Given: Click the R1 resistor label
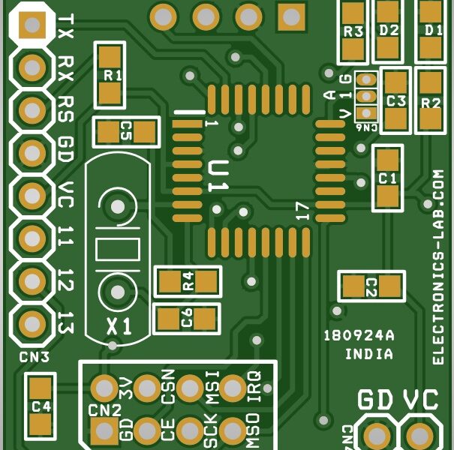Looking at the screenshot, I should tap(112, 74).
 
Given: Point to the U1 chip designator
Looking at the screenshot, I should tap(218, 178).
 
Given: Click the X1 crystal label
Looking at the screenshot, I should tap(119, 326).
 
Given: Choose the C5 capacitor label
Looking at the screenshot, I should tap(125, 131).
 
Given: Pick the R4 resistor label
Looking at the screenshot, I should tap(188, 281).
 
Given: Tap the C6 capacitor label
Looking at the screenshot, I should tap(187, 318).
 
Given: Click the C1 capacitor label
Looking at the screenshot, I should tap(387, 178).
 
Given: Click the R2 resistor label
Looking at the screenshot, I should tap(431, 103).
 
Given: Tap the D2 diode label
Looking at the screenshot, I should tap(388, 31).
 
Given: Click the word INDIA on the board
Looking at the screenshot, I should tap(369, 354).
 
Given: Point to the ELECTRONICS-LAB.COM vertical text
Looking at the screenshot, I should tap(439, 266).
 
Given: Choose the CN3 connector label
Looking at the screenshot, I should tap(35, 356).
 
